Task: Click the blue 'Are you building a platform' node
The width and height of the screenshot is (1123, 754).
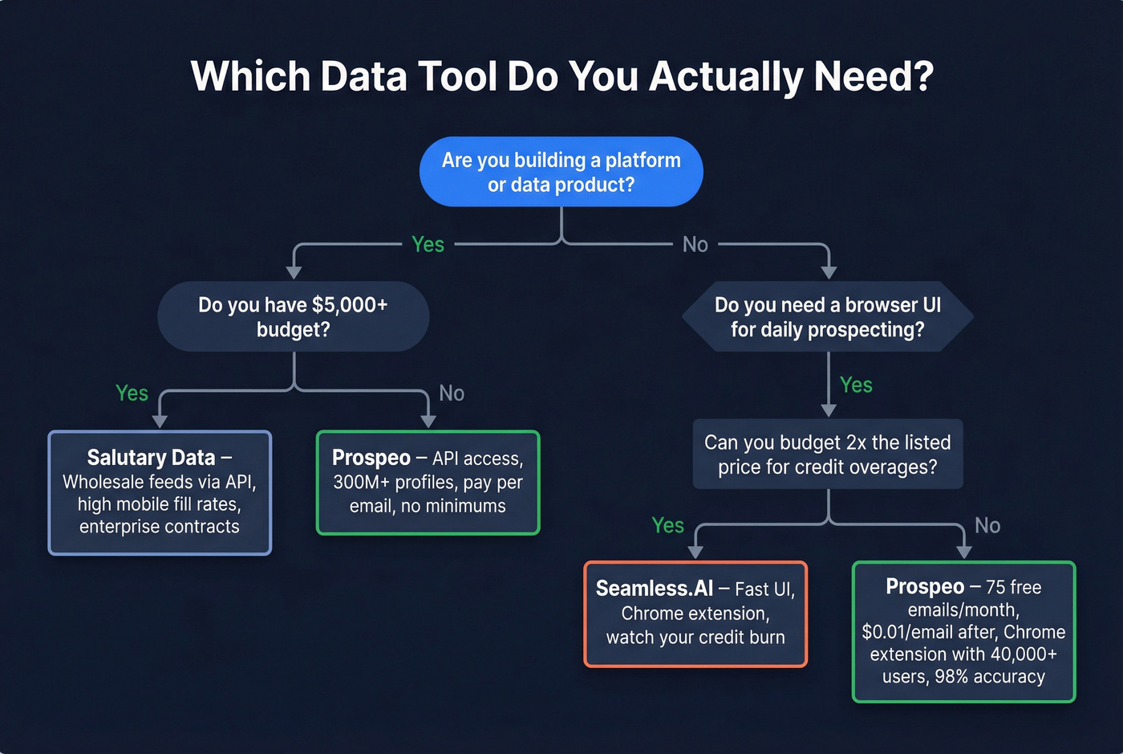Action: [x=561, y=172]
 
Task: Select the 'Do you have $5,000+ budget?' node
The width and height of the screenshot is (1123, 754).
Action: [x=293, y=316]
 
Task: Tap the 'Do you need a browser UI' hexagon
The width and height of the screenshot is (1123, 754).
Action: [x=827, y=316]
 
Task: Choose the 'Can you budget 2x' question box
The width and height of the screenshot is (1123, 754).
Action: [x=827, y=454]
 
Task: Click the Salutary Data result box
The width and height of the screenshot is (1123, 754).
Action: [x=160, y=492]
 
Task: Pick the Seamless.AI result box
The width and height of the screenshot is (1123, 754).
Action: [x=695, y=613]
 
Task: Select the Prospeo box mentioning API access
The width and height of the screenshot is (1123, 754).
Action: [x=428, y=483]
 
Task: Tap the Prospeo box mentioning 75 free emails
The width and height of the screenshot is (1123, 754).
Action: [x=963, y=632]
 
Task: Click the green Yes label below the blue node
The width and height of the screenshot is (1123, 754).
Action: [x=428, y=244]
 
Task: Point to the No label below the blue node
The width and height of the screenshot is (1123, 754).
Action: [x=695, y=244]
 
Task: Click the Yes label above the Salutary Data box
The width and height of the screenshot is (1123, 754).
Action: [x=132, y=393]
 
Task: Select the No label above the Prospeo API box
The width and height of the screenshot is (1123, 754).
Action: [x=452, y=393]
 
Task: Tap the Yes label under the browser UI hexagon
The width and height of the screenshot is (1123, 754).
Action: [x=856, y=385]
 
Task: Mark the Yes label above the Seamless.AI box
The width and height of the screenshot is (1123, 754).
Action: [x=667, y=525]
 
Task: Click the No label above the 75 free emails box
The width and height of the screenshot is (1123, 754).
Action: [x=987, y=525]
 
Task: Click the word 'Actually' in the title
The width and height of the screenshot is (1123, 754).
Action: [x=725, y=76]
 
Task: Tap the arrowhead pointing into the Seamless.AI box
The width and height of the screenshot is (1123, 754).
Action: [x=695, y=552]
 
